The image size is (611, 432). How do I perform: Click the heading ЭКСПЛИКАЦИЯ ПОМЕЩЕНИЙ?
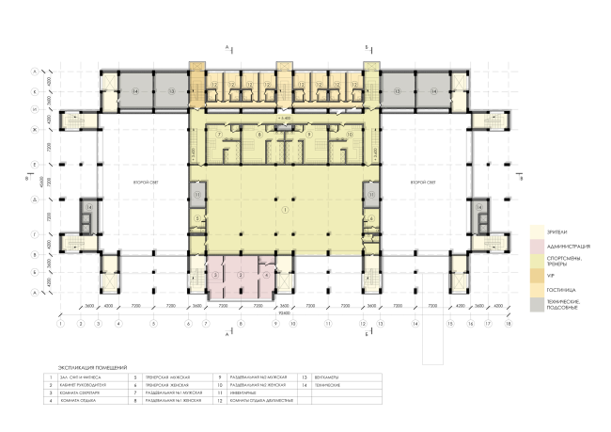click(x=92, y=367)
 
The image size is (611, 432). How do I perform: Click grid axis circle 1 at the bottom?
click(x=60, y=323)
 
